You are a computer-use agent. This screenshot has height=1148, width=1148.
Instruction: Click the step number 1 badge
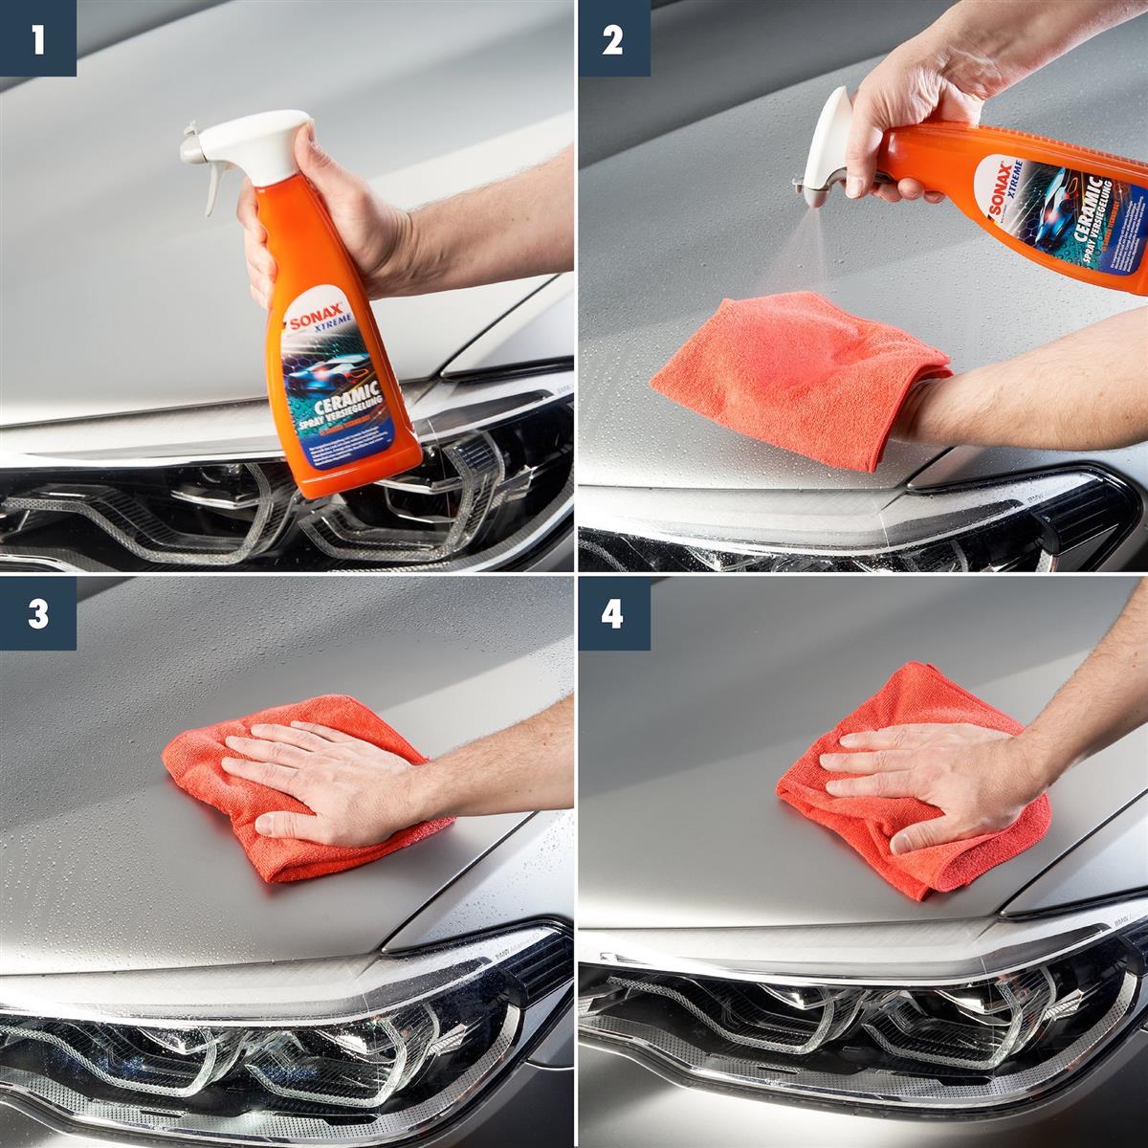coord(37,38)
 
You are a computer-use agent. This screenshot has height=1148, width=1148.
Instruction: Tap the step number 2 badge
coord(612,38)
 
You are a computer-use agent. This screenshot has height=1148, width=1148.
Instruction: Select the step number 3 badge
coord(37,613)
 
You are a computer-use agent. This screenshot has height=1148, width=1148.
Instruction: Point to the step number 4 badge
coord(612,613)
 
